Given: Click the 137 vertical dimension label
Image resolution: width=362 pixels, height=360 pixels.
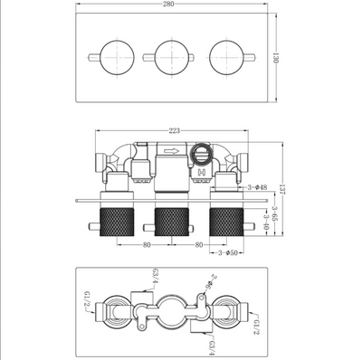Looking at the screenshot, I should click(283, 186).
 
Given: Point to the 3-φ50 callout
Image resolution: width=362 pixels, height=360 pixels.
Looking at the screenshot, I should click(224, 253).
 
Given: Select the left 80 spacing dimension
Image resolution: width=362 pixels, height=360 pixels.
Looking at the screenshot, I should click(141, 243).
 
